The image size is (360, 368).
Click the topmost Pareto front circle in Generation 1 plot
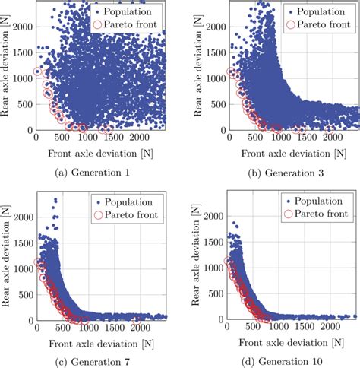pyautogui.click(x=39, y=72)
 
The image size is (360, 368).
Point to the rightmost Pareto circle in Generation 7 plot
pyautogui.click(x=137, y=316)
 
